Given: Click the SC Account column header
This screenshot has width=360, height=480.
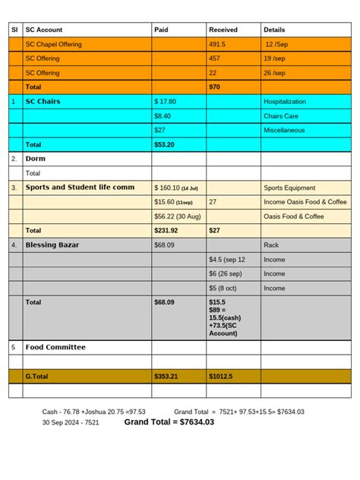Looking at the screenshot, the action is tap(44, 30).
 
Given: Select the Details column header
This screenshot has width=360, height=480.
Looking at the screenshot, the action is tap(274, 30).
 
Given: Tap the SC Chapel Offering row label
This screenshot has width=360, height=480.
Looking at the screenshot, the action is tap(53, 44).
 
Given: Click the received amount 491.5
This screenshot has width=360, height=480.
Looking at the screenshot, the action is tap(218, 44).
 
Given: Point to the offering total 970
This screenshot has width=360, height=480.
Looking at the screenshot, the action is tap(215, 87).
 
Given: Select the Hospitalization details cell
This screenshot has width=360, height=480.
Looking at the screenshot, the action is tap(285, 101).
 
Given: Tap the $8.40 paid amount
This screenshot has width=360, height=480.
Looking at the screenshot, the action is tap(163, 116).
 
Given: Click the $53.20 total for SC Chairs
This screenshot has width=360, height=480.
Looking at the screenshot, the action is tap(165, 144).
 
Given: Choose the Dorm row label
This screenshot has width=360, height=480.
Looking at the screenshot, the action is tap(36, 159).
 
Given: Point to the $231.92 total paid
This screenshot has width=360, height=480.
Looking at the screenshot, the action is tap(166, 230).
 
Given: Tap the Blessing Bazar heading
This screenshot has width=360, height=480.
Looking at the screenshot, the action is tap(52, 245).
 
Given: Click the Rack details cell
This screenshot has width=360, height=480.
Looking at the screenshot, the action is tap(271, 245).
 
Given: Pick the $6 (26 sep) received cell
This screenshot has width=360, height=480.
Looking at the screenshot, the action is tap(225, 273).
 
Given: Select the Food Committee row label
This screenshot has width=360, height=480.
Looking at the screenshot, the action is tap(55, 347).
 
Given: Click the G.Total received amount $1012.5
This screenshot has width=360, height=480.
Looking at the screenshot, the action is tap(222, 376).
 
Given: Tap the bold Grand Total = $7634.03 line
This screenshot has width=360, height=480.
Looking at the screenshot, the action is tap(169, 422).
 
